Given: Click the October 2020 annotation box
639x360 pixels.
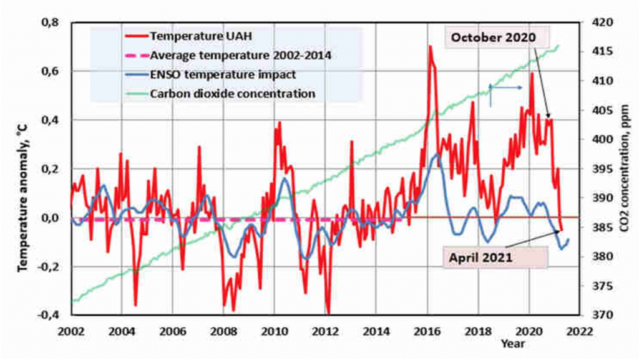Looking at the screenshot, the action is (x=497, y=38).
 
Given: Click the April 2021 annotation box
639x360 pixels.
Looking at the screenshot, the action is (x=495, y=258).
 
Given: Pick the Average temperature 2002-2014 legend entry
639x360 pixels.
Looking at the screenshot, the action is (x=228, y=55).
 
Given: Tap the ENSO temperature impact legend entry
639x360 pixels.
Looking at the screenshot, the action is (x=210, y=74).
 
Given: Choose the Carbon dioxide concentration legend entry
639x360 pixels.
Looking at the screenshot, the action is (x=220, y=94).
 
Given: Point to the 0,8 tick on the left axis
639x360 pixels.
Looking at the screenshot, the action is (x=50, y=22).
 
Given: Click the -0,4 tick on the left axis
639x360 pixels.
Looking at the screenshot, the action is (x=47, y=315).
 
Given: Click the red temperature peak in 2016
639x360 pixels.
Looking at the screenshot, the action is (x=430, y=46).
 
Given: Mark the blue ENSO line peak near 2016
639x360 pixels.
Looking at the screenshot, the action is (x=437, y=154).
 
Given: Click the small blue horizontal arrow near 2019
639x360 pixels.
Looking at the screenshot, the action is (x=505, y=87).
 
